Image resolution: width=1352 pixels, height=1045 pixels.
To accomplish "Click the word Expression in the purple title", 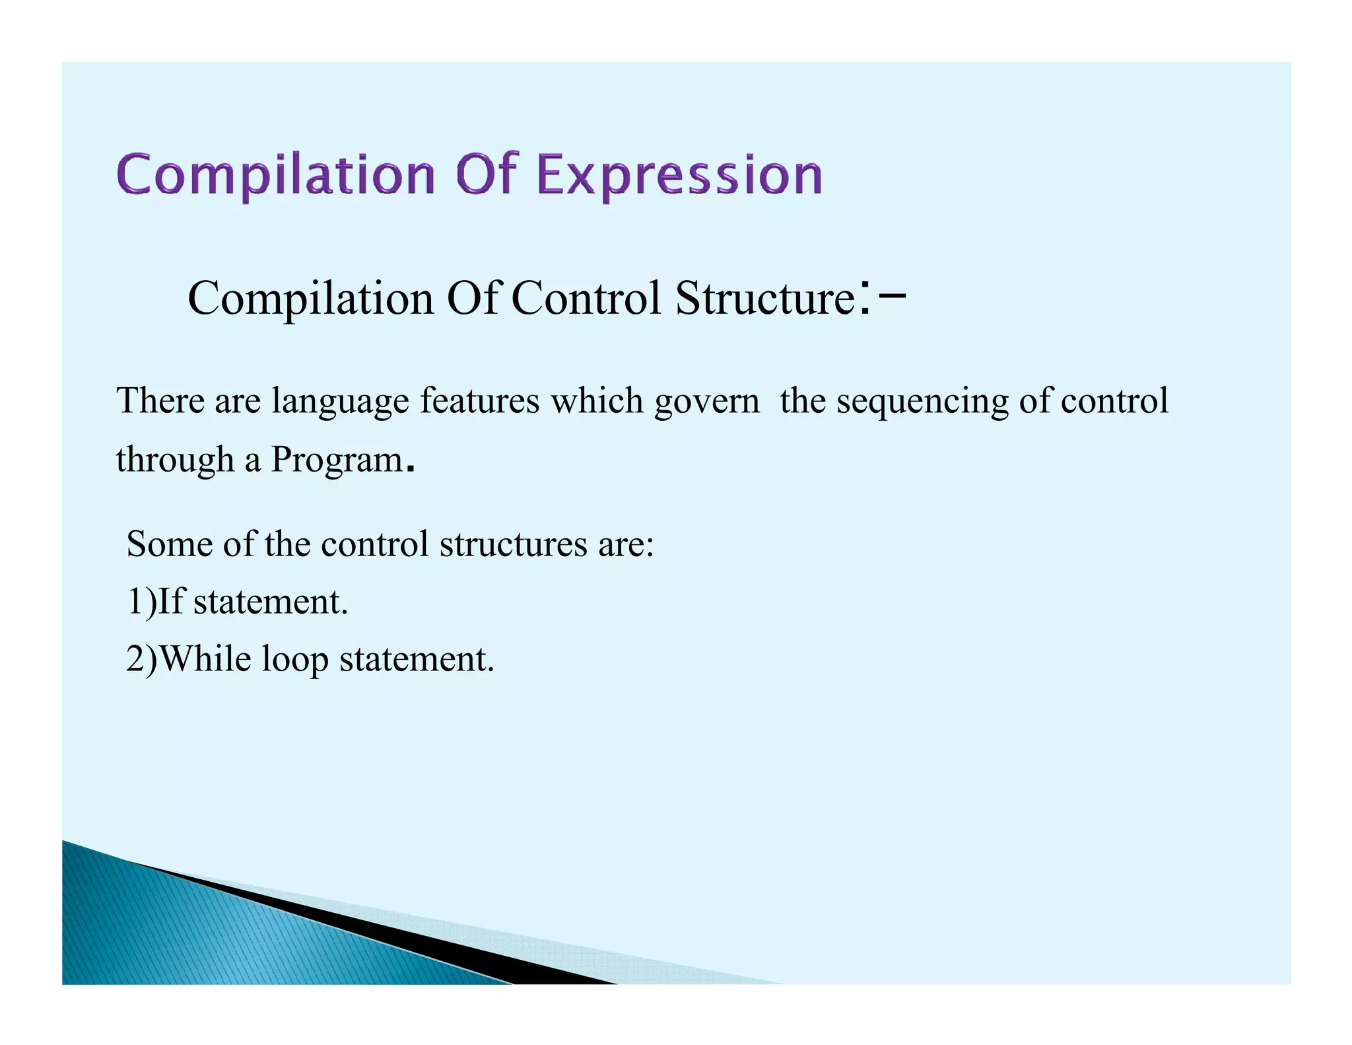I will (x=680, y=175).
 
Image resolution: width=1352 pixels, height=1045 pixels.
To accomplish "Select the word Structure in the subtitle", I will (x=766, y=299).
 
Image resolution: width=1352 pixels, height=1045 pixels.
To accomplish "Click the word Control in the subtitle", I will (x=586, y=299).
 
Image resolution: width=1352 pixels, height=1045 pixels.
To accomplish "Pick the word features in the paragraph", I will (x=480, y=401).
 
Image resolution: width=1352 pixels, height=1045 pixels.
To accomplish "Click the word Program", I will (x=337, y=460).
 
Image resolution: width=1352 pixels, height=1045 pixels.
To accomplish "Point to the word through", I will (x=175, y=460).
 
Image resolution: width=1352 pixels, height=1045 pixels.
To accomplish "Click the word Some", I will (x=170, y=544).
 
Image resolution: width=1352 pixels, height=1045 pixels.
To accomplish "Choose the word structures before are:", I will (x=513, y=544).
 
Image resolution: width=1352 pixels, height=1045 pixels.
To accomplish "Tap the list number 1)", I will (x=142, y=602).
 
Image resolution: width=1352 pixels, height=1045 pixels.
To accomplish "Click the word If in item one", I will (x=171, y=602).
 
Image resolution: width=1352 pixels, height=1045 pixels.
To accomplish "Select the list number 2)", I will (x=142, y=659).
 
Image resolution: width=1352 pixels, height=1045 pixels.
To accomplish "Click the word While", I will (x=205, y=659).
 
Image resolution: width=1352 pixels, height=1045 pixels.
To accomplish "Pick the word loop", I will (x=295, y=661).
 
